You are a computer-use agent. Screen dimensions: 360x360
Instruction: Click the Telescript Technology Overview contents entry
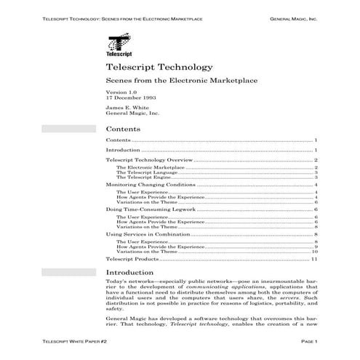pyautogui.click(x=149, y=159)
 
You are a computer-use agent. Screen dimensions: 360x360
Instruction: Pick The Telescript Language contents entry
pyautogui.click(x=146, y=172)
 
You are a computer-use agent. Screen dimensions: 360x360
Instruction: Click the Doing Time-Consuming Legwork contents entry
pyautogui.click(x=145, y=209)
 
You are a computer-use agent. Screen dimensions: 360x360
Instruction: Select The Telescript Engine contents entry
pyautogui.click(x=144, y=177)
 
